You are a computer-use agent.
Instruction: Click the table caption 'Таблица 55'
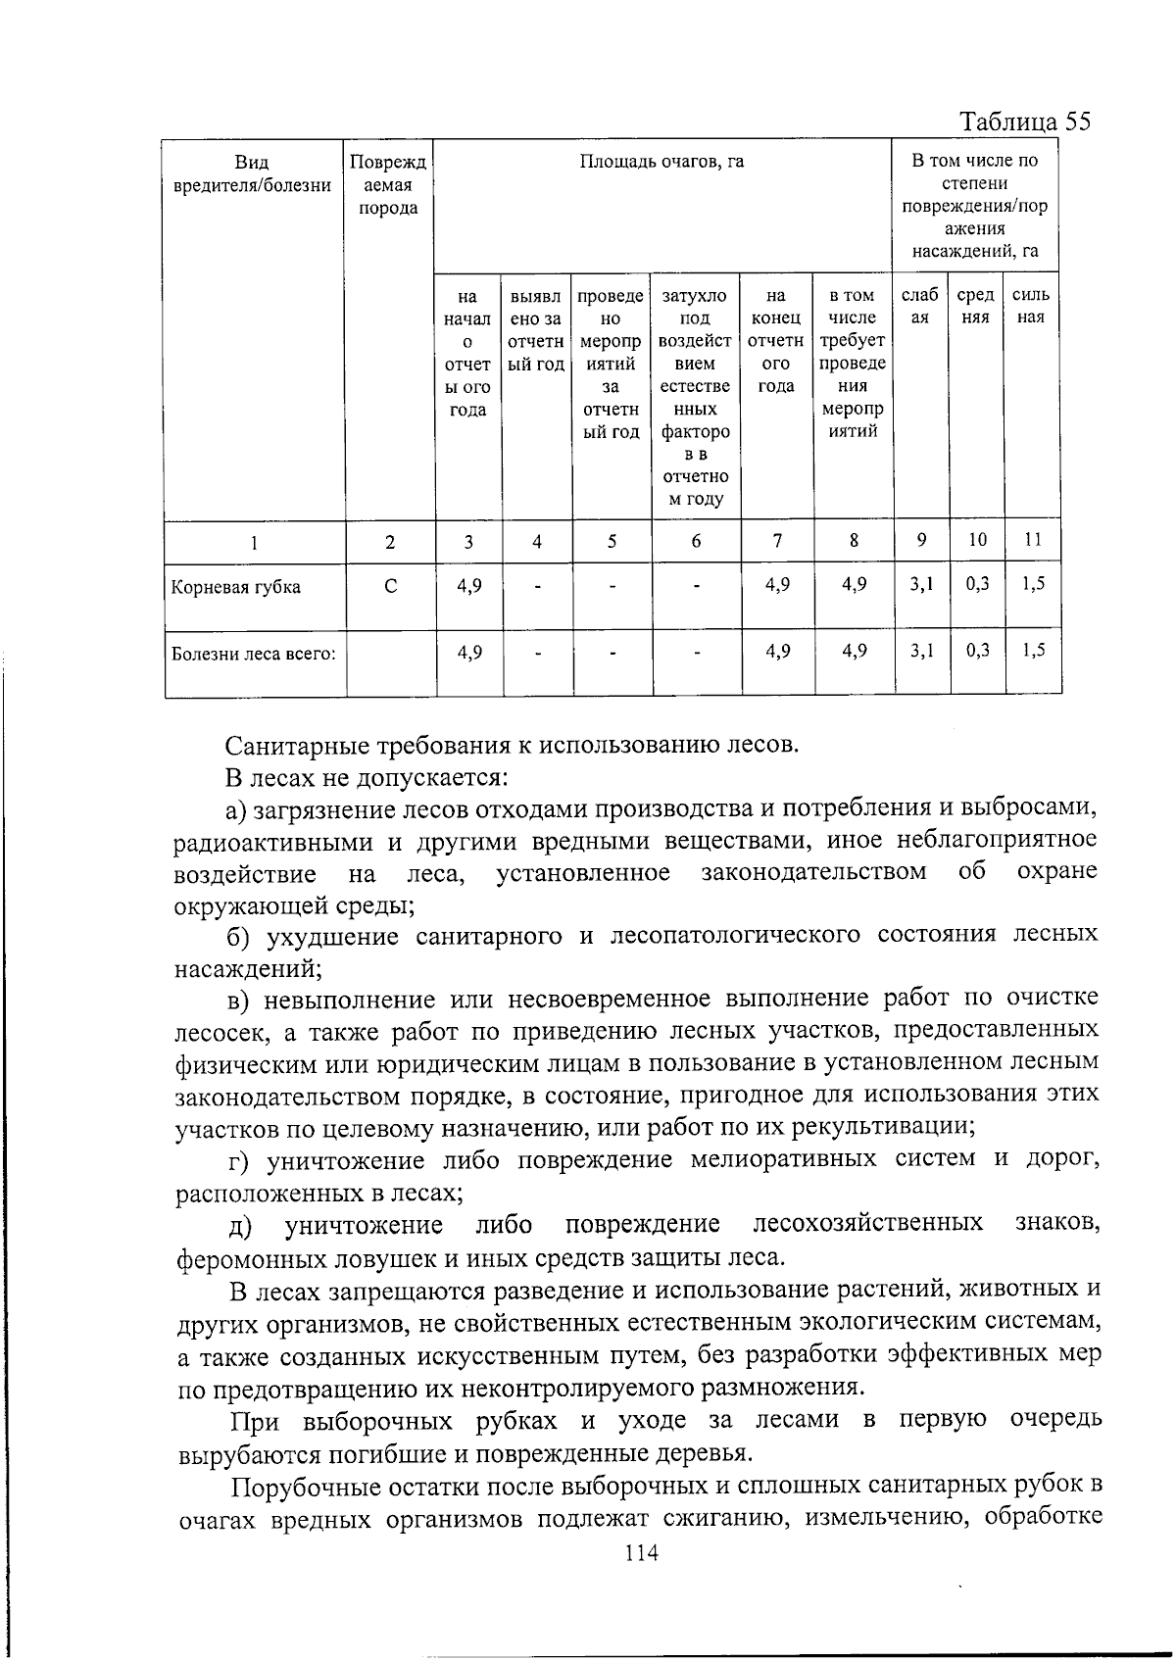point(1024,122)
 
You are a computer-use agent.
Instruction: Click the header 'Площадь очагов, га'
point(661,162)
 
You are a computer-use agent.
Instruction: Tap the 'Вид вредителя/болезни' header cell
point(253,173)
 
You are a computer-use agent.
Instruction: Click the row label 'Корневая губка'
point(235,587)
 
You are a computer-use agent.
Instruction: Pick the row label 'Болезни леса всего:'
point(253,654)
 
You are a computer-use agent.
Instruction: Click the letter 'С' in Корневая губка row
point(390,586)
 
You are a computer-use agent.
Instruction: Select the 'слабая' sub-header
point(919,306)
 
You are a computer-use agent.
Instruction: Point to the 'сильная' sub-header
point(1031,306)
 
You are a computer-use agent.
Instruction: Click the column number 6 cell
point(696,541)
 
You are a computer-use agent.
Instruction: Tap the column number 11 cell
point(1032,539)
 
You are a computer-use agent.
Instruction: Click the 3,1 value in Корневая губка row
point(921,584)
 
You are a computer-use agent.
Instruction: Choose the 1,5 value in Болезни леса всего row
point(1033,650)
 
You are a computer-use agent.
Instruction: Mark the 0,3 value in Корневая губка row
point(977,584)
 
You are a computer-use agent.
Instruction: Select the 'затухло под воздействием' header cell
point(696,397)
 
